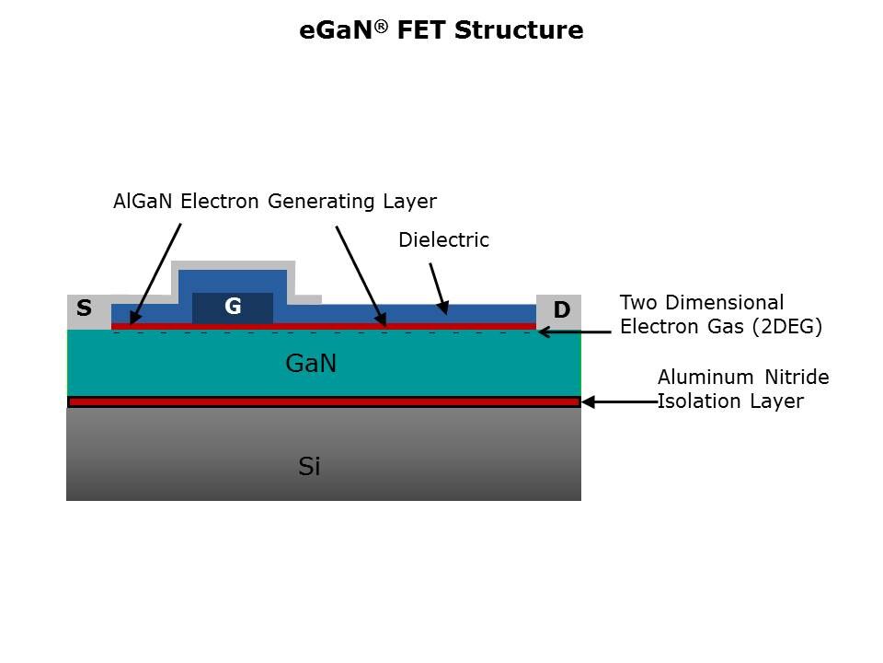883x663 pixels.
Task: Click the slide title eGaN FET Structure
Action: [x=441, y=30]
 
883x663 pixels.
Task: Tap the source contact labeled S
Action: [x=84, y=309]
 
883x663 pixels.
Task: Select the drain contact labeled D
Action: [x=561, y=311]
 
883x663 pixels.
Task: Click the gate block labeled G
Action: [x=233, y=308]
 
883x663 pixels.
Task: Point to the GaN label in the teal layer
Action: [x=311, y=364]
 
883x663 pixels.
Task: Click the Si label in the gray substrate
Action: [x=309, y=467]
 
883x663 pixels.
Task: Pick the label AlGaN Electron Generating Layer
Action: [x=274, y=201]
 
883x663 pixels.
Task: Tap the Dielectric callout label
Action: [x=443, y=240]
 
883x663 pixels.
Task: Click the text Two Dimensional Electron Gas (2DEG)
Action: [x=720, y=314]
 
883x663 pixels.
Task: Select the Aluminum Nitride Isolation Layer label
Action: [x=743, y=390]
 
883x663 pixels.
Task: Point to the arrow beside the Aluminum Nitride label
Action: [x=617, y=401]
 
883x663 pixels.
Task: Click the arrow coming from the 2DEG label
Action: [x=575, y=331]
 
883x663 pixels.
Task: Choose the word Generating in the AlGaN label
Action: [x=316, y=201]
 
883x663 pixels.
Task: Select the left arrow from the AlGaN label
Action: [x=155, y=273]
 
